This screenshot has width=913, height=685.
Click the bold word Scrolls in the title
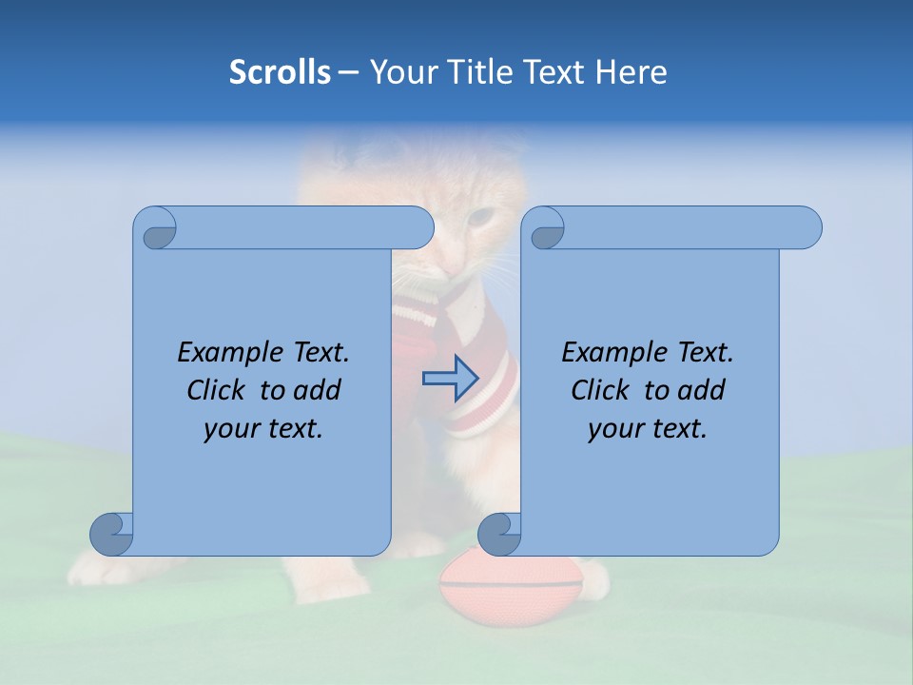pyautogui.click(x=280, y=72)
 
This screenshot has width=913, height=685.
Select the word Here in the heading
pyautogui.click(x=631, y=72)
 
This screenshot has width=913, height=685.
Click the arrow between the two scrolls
pyautogui.click(x=450, y=378)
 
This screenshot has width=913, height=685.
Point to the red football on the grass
pyautogui.click(x=511, y=590)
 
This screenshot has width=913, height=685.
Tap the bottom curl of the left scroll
pyautogui.click(x=112, y=534)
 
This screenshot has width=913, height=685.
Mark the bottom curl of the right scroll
pyautogui.click(x=500, y=534)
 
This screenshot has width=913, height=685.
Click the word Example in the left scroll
pyautogui.click(x=227, y=353)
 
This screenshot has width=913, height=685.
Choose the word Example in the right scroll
pyautogui.click(x=612, y=353)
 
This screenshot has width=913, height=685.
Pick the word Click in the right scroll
pyautogui.click(x=600, y=390)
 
